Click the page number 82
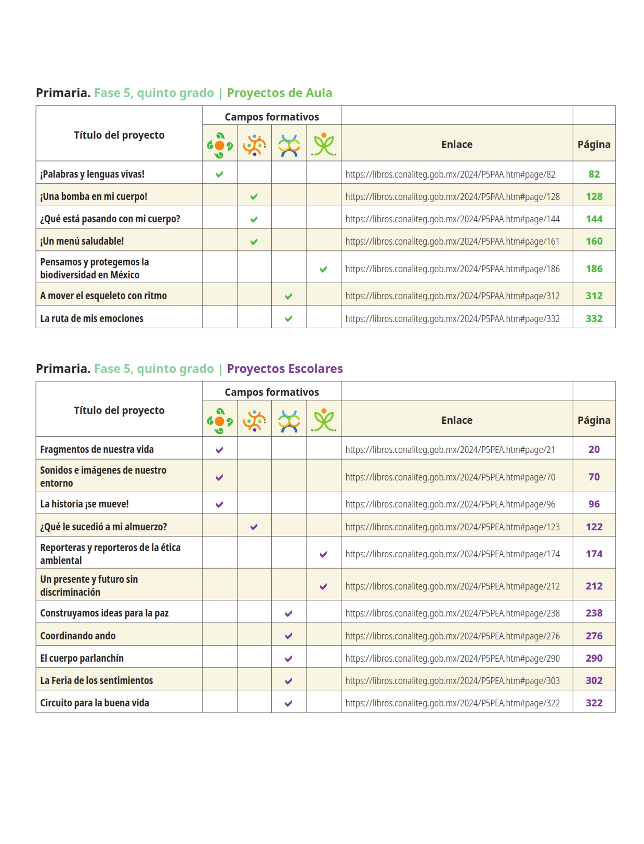[x=594, y=174]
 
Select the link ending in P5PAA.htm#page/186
[x=452, y=269]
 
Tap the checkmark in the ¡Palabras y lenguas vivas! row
[x=219, y=175]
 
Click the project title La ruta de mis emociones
[x=91, y=318]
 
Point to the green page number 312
[x=594, y=296]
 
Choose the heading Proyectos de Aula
[x=279, y=93]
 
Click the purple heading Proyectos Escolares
[x=284, y=369]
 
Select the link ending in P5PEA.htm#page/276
[x=452, y=636]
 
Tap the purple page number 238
[x=594, y=613]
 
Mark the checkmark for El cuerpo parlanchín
[x=288, y=659]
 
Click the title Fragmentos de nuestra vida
[x=97, y=449]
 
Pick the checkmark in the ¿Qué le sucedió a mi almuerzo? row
[x=254, y=527]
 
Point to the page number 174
[x=594, y=554]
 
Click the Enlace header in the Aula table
[x=456, y=144]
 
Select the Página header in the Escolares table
[x=594, y=420]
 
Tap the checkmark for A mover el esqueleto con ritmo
[x=288, y=296]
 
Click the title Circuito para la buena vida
[x=95, y=703]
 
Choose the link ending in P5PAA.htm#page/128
[x=452, y=197]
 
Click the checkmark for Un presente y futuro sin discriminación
[x=323, y=586]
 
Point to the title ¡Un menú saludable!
[x=82, y=241]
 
